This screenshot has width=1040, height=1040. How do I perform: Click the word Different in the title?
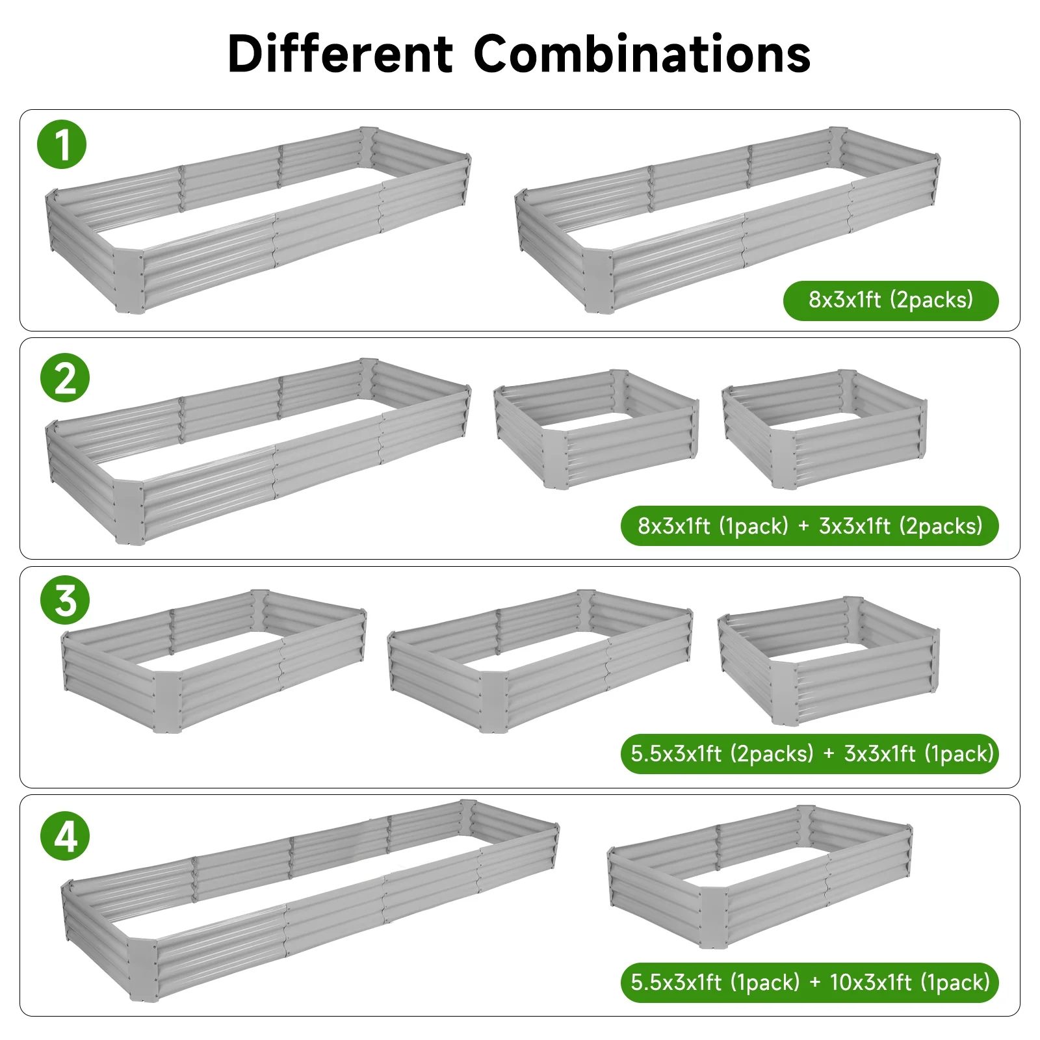(x=340, y=53)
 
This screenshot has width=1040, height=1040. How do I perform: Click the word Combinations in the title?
(x=642, y=53)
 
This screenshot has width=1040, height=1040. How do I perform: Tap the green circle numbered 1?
(x=62, y=144)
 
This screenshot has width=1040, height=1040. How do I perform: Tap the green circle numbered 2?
(x=65, y=378)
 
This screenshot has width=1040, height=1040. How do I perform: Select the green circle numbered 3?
(x=65, y=600)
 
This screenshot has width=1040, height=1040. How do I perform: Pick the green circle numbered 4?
(x=65, y=836)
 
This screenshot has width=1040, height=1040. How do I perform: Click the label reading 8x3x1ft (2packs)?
(x=890, y=300)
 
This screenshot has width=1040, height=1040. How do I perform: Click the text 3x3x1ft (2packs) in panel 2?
(x=901, y=526)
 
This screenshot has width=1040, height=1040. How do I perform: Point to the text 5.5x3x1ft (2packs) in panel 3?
(x=722, y=754)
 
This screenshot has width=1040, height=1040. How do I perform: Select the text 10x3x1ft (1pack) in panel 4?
(x=910, y=982)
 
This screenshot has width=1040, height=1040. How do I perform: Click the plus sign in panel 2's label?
(x=803, y=526)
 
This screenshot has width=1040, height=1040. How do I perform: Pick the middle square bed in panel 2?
(x=596, y=429)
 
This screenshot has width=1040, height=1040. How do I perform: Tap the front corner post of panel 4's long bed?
(x=143, y=968)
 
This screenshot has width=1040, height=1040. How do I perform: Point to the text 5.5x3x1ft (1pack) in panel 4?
(x=715, y=982)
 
